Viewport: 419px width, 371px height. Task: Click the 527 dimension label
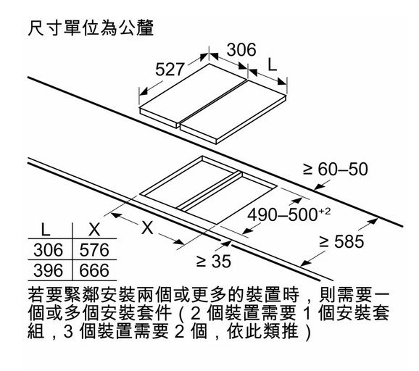point(170,70)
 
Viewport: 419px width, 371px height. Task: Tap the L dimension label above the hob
point(273,64)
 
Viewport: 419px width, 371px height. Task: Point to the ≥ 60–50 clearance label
point(336,169)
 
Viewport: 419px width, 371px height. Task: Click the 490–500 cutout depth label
point(289,214)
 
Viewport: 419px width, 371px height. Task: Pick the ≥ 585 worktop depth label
point(341,241)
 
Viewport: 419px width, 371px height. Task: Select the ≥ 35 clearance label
point(214,261)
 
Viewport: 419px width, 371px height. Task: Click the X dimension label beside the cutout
point(147,228)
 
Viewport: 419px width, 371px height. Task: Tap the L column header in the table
point(46,230)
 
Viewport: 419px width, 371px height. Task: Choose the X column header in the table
point(94,230)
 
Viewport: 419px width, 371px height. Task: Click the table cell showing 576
point(94,250)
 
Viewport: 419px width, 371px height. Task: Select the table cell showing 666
point(94,270)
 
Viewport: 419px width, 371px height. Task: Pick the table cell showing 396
point(49,270)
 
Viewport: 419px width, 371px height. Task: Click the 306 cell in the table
point(49,250)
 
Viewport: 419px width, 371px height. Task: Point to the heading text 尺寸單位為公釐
point(91,28)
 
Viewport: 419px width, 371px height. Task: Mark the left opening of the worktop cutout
point(190,183)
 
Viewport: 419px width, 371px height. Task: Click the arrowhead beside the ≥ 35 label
point(226,243)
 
